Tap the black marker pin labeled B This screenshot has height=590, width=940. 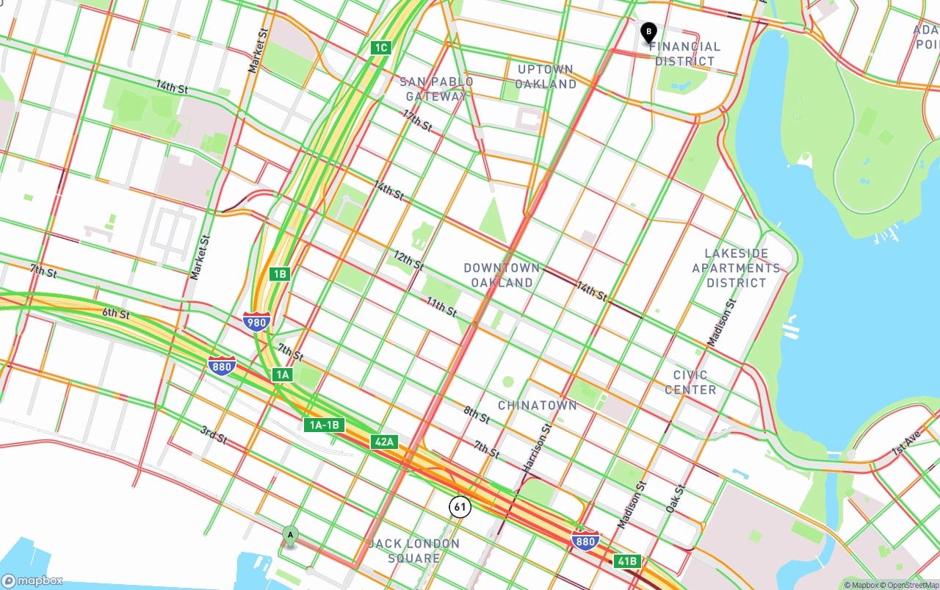pos(648,32)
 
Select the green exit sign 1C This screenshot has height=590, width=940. pos(380,48)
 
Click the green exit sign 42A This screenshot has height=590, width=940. pos(384,442)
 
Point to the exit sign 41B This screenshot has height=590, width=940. pos(627,561)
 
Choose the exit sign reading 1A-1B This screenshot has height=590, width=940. pos(324,425)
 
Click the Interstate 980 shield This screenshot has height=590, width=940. pos(257,321)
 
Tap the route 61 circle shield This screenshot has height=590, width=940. pos(460,506)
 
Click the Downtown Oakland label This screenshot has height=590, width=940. pos(502,276)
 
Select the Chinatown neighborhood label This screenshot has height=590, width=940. pos(538,406)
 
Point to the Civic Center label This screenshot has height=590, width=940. pos(690,382)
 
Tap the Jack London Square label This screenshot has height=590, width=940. pos(415,550)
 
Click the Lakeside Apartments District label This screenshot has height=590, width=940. pos(736,268)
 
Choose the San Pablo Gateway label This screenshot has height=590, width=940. pos(436,89)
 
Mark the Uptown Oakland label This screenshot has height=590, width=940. pos(546,76)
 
